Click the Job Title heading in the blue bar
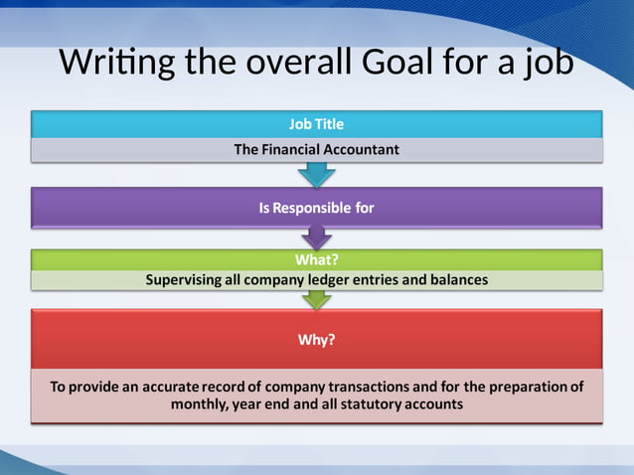click(x=316, y=124)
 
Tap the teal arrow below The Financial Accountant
click(x=317, y=176)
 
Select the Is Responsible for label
click(x=316, y=209)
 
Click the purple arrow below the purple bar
click(x=316, y=237)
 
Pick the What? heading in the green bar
click(x=317, y=260)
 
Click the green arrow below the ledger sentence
click(x=317, y=297)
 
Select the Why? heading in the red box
click(x=317, y=340)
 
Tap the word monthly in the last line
click(x=200, y=404)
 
